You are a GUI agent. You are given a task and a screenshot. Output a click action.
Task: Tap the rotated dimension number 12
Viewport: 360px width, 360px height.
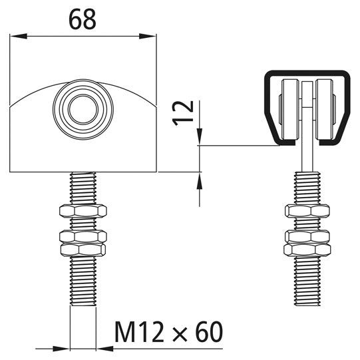[x=185, y=114]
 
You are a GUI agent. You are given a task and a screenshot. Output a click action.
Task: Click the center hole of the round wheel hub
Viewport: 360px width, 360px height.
[x=83, y=108]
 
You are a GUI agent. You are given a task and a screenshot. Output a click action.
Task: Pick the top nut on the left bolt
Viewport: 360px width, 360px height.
[x=83, y=212]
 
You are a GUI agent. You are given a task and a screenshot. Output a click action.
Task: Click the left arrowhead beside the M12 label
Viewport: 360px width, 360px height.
[x=63, y=347]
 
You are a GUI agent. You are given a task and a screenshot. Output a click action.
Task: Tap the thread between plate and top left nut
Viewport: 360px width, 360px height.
[x=83, y=188]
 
